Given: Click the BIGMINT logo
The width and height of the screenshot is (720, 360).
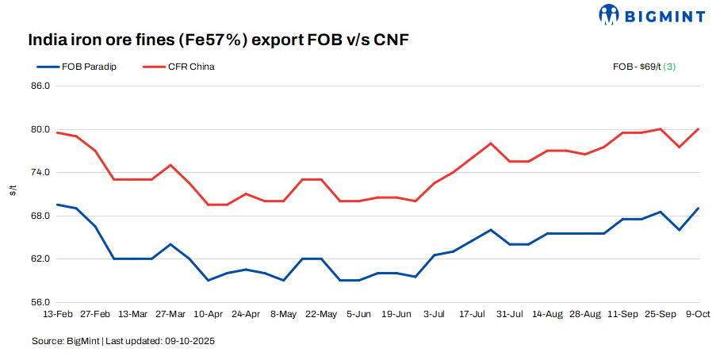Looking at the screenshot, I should (653, 14).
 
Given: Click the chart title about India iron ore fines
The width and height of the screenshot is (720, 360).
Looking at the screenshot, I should (218, 40).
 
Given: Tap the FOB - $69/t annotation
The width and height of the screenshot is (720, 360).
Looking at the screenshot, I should (647, 67).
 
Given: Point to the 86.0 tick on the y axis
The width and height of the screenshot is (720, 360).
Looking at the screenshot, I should (39, 86).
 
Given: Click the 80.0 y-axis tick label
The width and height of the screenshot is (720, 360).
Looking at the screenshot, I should (39, 129).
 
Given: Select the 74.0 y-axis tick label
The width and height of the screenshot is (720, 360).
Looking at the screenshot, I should (39, 172).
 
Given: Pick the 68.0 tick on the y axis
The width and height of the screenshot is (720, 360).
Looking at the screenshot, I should (39, 216).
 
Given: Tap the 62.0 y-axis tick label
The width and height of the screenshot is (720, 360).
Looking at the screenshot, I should (39, 259).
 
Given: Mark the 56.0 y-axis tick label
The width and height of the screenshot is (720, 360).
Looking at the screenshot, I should (39, 302).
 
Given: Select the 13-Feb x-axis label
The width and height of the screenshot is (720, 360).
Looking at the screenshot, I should (58, 314).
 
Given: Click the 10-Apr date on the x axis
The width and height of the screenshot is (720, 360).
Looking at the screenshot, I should (208, 314).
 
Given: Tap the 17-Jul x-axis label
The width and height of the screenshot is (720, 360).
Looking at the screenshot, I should (473, 314).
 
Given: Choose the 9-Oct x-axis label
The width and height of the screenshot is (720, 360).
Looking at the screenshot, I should (698, 314).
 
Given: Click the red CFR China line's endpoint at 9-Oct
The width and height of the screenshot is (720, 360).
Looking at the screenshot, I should (698, 129).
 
